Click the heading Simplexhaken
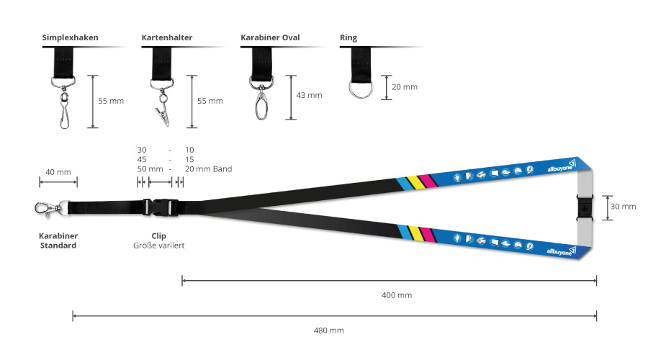71,37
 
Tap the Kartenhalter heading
167,37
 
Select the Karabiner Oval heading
270,37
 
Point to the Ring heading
348,38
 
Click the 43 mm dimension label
309,95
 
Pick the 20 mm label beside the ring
405,87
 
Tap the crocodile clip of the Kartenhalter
163,115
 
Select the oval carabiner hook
261,106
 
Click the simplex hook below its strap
65,109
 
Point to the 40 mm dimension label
58,172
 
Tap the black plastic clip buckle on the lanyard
161,207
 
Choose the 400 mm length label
397,295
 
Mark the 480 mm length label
329,330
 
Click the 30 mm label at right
624,206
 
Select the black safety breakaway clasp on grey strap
585,206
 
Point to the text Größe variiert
158,246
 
